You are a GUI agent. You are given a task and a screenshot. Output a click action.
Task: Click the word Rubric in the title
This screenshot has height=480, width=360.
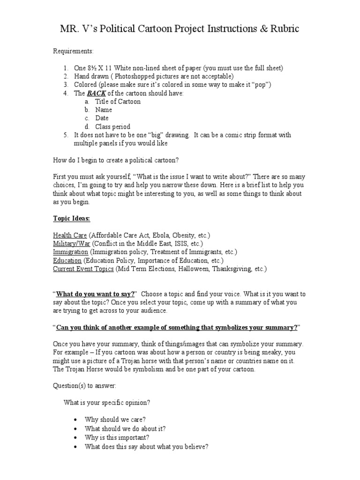click(279, 29)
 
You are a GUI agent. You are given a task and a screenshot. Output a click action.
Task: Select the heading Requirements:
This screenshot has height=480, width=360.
click(73, 51)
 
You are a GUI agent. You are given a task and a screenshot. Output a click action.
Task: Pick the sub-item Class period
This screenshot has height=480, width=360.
click(112, 127)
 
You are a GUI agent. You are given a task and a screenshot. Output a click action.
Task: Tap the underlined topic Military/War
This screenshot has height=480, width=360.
click(72, 244)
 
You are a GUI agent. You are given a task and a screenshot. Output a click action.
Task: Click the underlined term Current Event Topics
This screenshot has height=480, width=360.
click(83, 270)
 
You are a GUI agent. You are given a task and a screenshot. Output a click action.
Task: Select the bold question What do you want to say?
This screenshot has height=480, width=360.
click(96, 294)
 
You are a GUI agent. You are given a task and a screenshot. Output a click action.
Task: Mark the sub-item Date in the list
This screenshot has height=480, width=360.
click(102, 119)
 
